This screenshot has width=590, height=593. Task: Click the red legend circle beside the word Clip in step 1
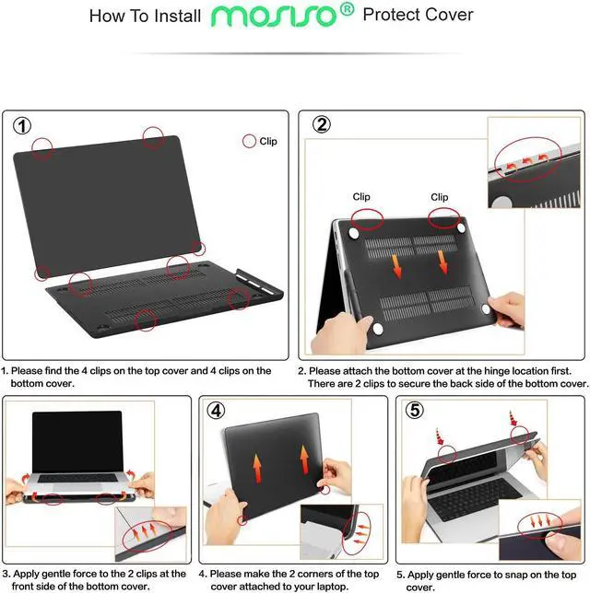[249, 142]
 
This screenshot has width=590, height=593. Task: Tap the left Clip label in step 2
[361, 197]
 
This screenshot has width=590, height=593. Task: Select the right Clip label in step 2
[440, 197]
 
